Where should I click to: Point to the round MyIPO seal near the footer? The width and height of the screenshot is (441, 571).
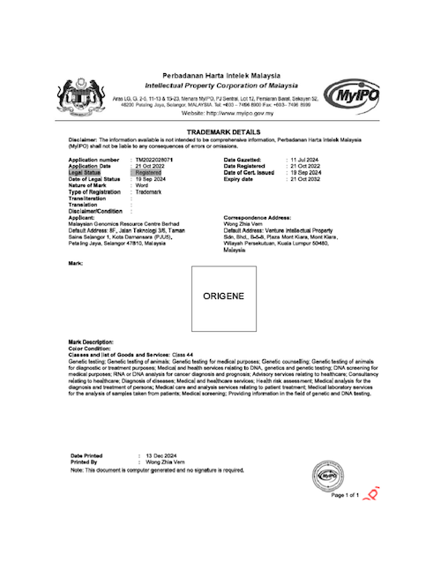[x=329, y=476]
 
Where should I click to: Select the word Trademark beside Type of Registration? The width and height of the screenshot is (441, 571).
[x=148, y=191]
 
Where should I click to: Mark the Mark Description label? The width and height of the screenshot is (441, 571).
[x=91, y=342]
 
